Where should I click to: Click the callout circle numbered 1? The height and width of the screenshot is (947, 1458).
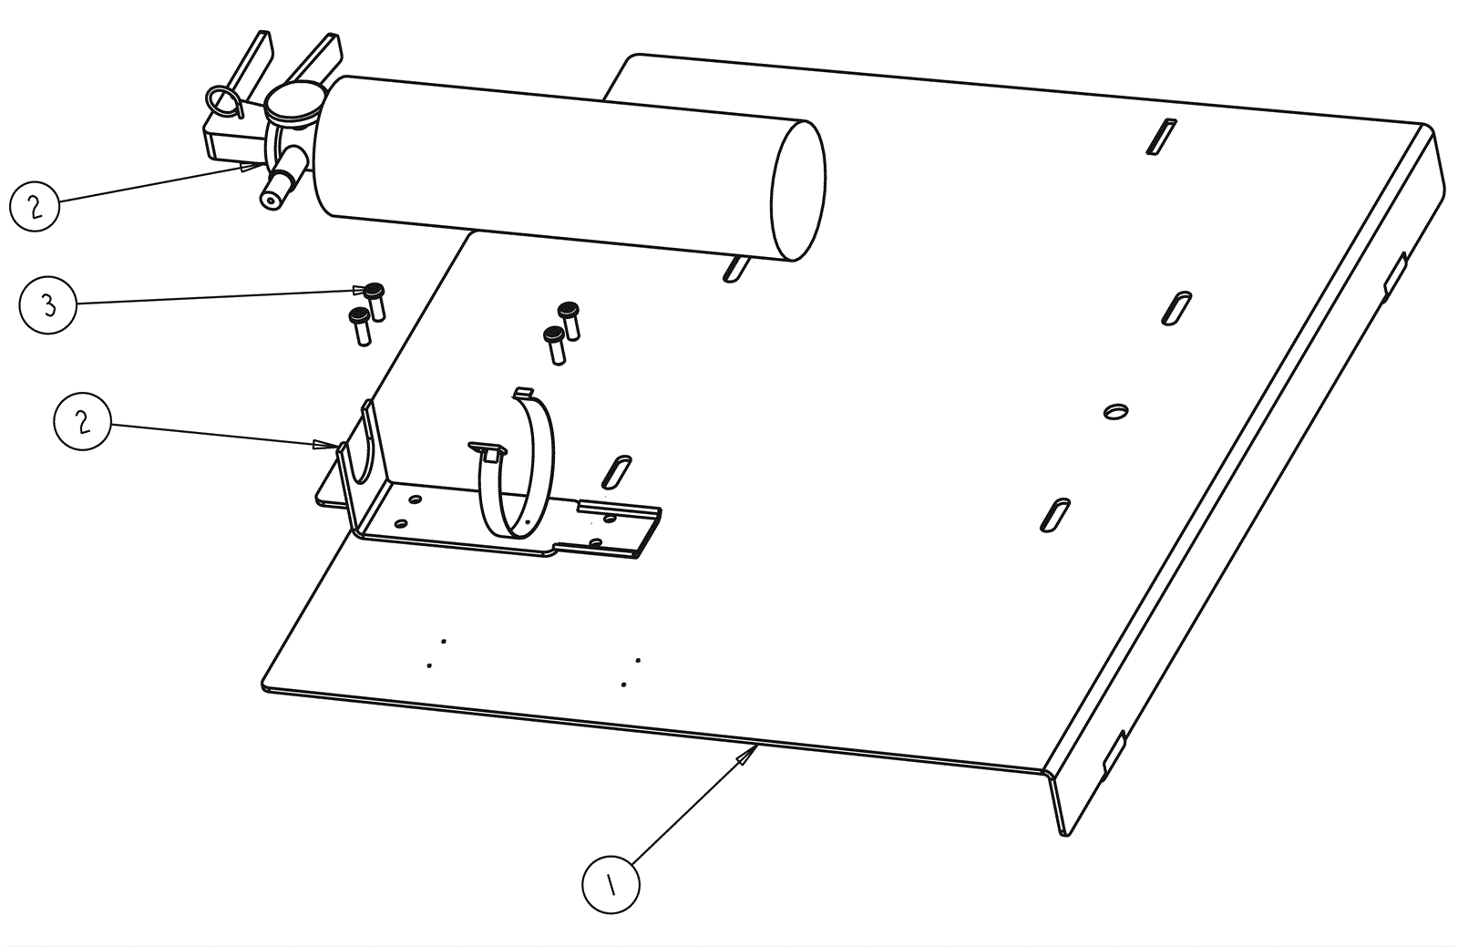coord(611,883)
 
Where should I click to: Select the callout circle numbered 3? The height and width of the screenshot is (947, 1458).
coord(47,304)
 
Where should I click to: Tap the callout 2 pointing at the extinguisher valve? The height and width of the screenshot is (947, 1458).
coord(35,205)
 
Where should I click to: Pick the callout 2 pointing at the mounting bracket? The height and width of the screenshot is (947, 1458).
coord(82,421)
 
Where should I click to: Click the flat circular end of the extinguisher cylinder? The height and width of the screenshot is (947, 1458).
coord(797,190)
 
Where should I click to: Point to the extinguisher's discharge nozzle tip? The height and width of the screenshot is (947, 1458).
coord(270,199)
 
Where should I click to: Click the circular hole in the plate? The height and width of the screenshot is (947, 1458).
coord(1114,411)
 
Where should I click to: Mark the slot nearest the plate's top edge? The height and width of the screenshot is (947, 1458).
coord(1161,138)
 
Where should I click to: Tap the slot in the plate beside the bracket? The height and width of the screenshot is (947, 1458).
coord(617,471)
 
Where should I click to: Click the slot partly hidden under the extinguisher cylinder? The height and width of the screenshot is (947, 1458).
coord(735,268)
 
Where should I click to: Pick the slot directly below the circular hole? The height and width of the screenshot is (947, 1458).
coord(1054,515)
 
